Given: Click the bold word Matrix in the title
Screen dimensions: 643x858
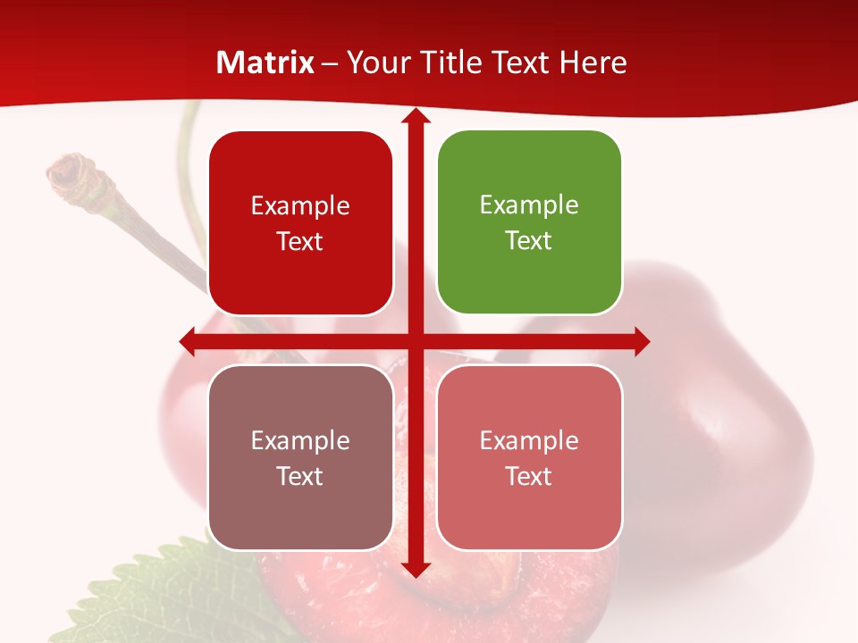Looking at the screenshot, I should coord(265,63).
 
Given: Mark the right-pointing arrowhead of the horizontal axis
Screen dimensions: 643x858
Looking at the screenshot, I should coord(641,341).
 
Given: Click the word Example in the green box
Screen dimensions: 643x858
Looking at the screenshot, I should coord(529,205).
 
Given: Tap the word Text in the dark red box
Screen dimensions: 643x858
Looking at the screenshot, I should coord(300,241).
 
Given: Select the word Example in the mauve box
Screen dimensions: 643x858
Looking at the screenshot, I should coord(300,440).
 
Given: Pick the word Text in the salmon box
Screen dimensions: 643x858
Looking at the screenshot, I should coord(529,476).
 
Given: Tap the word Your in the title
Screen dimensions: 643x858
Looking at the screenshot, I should coord(378,63).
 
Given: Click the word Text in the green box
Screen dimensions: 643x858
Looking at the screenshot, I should coord(529,240).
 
